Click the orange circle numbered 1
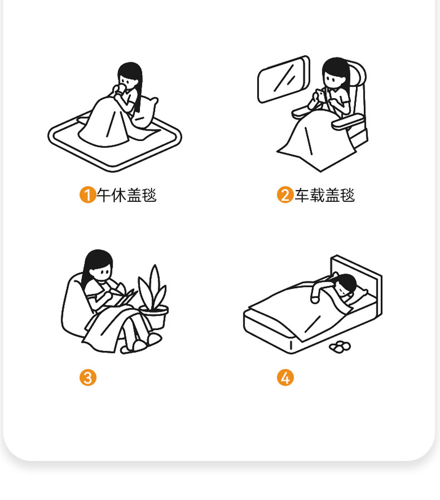(87, 195)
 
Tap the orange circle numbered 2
(285, 195)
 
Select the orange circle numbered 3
(87, 377)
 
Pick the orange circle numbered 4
(285, 377)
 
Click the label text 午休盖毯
(127, 195)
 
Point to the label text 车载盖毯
(325, 195)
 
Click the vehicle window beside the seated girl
(283, 80)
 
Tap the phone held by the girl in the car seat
(320, 95)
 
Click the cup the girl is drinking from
(121, 89)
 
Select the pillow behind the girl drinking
(145, 112)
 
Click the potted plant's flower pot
(154, 317)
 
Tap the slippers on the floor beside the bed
(340, 347)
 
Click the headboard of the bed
(357, 280)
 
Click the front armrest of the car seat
(348, 122)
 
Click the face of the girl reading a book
(101, 273)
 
